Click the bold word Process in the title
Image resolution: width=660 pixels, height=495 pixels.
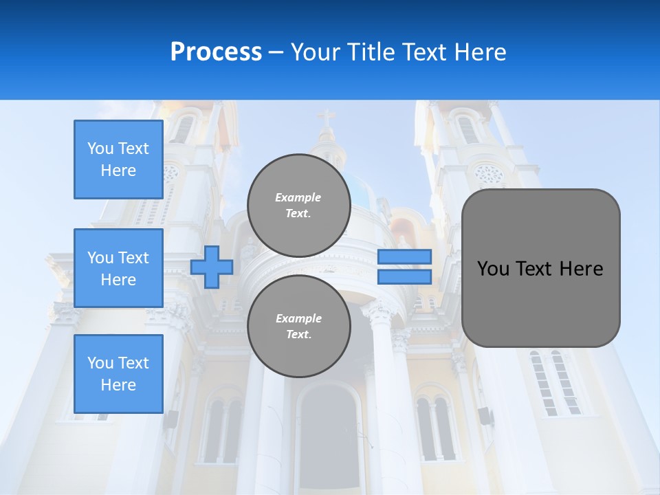pos(216,52)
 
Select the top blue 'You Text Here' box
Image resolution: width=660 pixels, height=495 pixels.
pos(118,159)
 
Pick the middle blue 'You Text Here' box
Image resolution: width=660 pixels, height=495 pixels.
pos(118,268)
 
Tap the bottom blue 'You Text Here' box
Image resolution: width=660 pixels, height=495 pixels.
pos(118,374)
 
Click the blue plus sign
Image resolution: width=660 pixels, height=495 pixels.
pos(212,267)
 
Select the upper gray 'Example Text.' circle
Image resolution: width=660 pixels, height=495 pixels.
pos(298,206)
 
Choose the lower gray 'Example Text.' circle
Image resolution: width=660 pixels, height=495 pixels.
pos(298,327)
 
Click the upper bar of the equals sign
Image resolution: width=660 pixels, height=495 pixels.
pos(404,256)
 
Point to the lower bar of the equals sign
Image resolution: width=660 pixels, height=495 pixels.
pos(404,276)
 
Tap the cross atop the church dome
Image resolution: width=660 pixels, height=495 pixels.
pos(327,118)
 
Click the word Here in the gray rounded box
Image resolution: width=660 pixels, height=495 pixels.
pos(581,269)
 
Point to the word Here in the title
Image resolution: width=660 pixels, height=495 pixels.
pos(481,52)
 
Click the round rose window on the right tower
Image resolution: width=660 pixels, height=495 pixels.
pos(489,173)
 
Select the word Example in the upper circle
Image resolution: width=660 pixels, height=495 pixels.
pos(298,198)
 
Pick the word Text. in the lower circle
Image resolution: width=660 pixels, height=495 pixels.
pos(298,335)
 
